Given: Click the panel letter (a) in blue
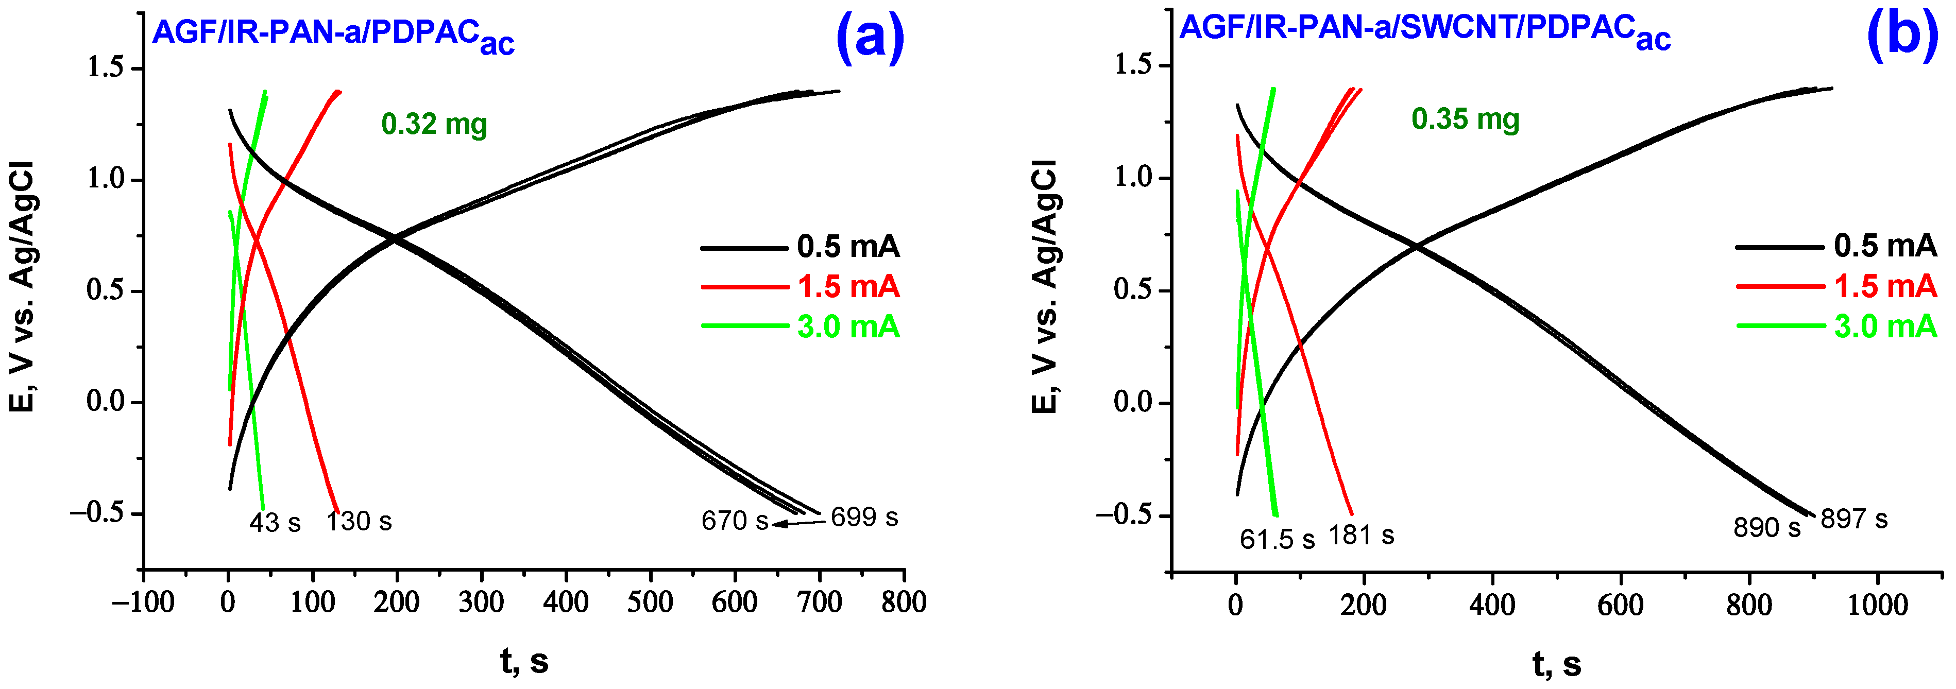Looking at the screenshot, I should coord(870,35).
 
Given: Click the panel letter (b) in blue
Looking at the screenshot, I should coord(1902,33).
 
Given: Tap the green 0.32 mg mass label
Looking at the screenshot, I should coord(434,124).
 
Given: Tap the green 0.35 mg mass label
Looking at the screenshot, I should coord(1465,119).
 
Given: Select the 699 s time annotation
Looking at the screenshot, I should coord(864,518).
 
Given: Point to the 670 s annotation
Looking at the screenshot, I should coord(734,521).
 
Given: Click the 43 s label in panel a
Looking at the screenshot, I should coord(275,523).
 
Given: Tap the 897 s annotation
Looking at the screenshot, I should coord(1853,520).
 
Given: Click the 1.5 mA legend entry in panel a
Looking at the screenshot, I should coord(848,287).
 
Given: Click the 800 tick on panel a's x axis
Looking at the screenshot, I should coord(904,602).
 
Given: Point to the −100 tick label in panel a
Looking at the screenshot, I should coord(144,602).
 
